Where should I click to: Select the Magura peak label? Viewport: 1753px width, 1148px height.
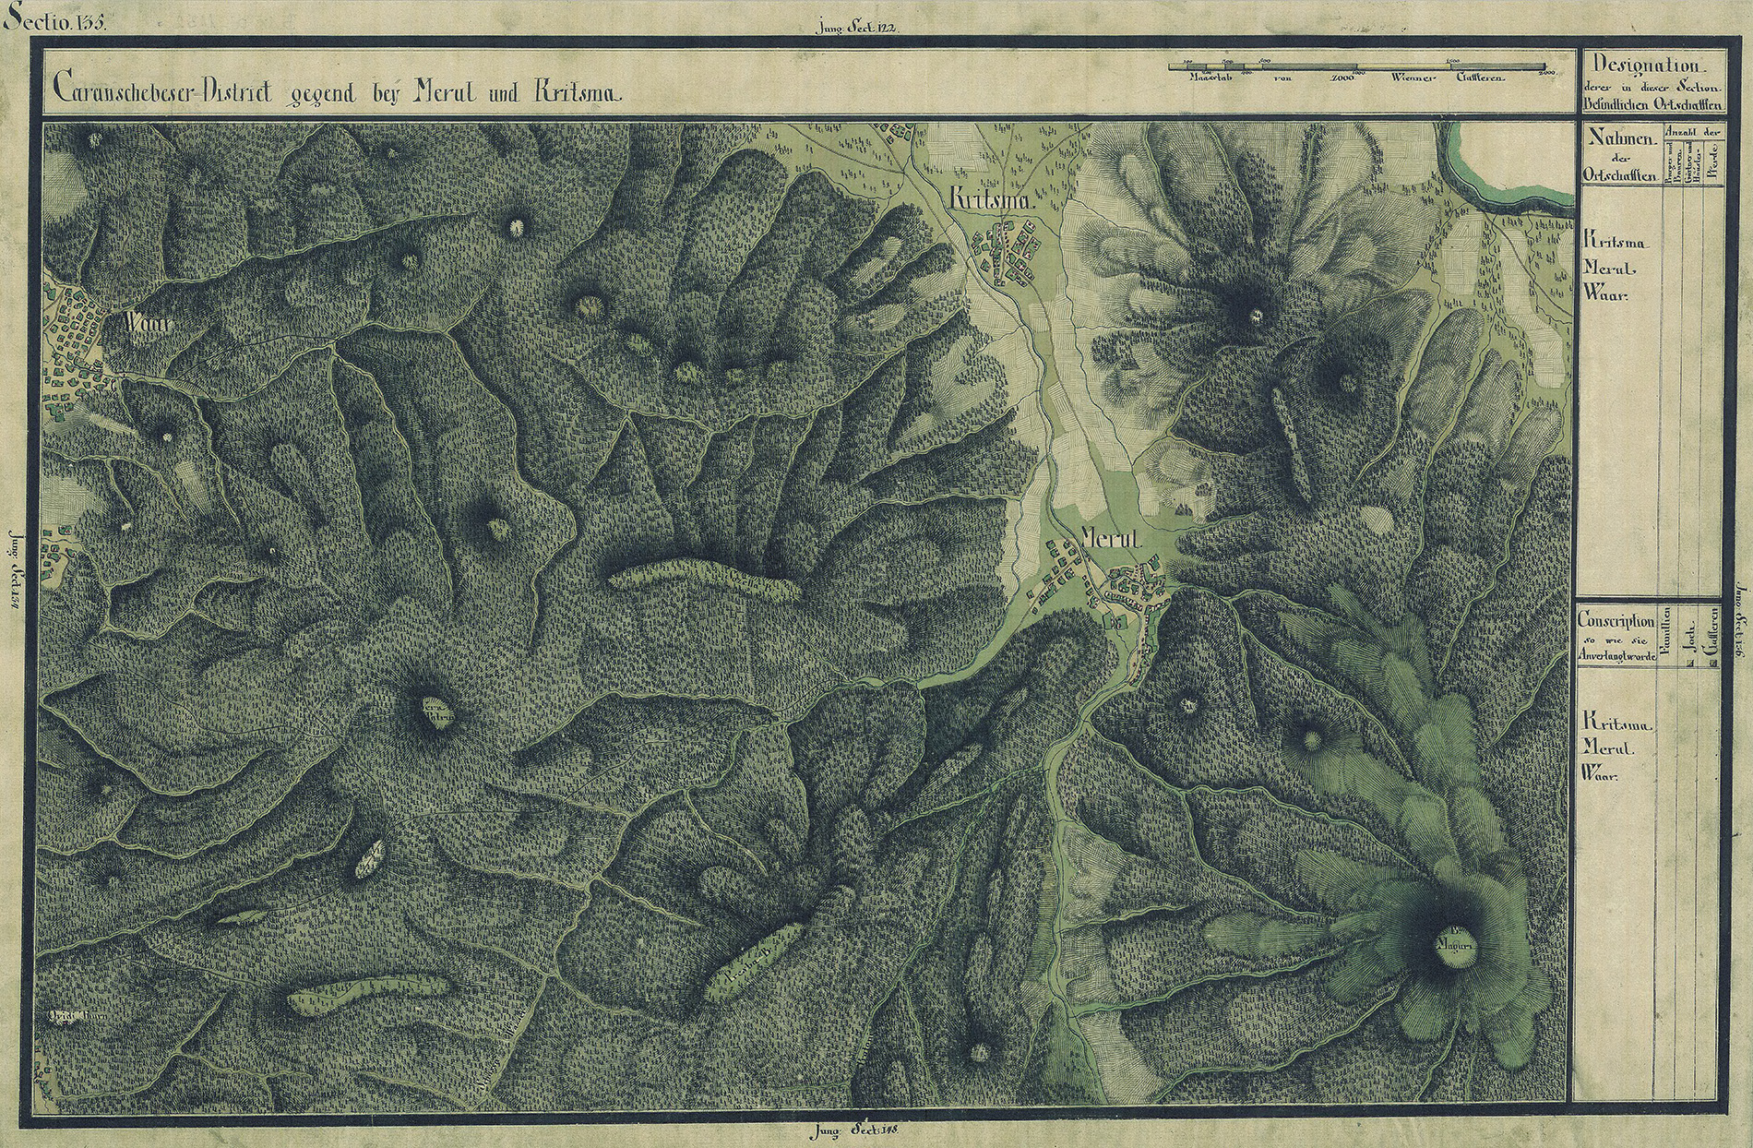pyautogui.click(x=1457, y=945)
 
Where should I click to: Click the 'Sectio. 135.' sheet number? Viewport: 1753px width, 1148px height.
pyautogui.click(x=54, y=20)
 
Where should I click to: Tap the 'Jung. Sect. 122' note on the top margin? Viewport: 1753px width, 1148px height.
pyautogui.click(x=857, y=28)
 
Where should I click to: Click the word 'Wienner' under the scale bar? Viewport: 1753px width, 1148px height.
pyautogui.click(x=1413, y=78)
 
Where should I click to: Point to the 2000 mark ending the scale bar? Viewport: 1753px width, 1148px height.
pyautogui.click(x=1546, y=71)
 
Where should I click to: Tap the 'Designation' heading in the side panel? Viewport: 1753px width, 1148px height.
pyautogui.click(x=1645, y=66)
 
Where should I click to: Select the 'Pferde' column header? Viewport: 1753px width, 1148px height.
pyautogui.click(x=1713, y=171)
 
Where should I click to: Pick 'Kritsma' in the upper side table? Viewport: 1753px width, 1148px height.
pyautogui.click(x=1616, y=238)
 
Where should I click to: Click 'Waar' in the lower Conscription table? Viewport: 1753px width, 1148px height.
pyautogui.click(x=1603, y=775)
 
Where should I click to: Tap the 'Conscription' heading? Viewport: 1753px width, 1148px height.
pyautogui.click(x=1616, y=620)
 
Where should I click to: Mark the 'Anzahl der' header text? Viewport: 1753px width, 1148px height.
pyautogui.click(x=1693, y=133)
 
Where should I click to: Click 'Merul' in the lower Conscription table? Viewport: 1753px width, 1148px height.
pyautogui.click(x=1608, y=748)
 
